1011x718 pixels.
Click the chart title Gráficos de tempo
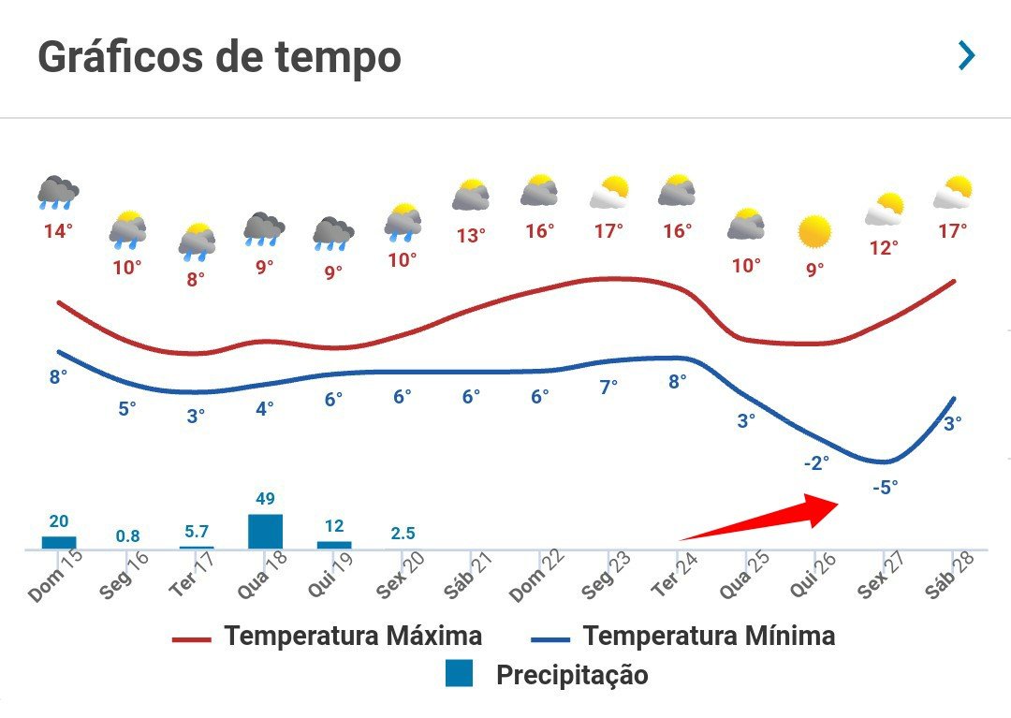coord(219,58)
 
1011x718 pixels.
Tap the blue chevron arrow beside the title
coord(966,56)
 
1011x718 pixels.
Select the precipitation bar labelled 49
coord(265,531)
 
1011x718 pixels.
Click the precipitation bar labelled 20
coord(59,542)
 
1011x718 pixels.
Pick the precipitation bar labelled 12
coord(334,544)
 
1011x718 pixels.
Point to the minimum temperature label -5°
coord(885,487)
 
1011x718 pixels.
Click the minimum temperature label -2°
coord(815,462)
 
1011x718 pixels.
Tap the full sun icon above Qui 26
coord(814,231)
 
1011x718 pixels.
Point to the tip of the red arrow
coord(839,503)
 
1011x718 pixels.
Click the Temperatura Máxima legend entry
coord(328,637)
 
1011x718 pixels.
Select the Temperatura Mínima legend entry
coord(682,637)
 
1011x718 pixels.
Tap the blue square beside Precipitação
coord(459,673)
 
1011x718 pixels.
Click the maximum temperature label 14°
coord(58,230)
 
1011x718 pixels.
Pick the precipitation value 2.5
coord(403,534)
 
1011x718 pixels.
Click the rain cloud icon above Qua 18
coord(264,228)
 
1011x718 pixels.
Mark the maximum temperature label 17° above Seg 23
coord(608,230)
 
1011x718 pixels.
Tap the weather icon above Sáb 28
coord(953,193)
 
